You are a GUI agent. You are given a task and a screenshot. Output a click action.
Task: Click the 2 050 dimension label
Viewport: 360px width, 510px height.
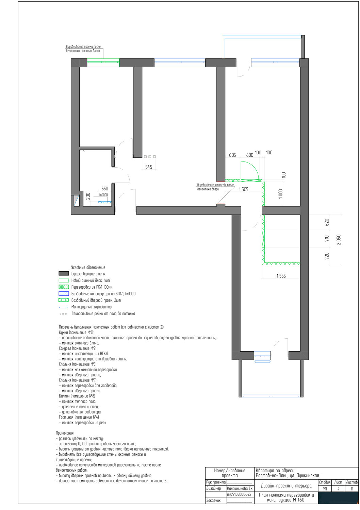tap(339, 240)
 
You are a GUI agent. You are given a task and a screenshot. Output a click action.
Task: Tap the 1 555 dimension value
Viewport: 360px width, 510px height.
tap(281, 276)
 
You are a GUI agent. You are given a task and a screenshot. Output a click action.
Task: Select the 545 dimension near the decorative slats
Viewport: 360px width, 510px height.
tap(149, 167)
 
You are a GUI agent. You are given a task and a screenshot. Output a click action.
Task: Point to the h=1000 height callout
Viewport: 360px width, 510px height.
tap(103, 195)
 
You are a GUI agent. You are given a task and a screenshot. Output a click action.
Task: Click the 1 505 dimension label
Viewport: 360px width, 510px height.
tap(243, 189)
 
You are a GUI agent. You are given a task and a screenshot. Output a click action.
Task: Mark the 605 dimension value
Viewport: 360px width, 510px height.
tap(232, 155)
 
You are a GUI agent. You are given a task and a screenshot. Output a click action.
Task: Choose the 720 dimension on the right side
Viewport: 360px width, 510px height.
tap(327, 256)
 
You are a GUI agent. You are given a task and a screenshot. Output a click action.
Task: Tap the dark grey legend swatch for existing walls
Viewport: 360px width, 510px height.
tap(64, 274)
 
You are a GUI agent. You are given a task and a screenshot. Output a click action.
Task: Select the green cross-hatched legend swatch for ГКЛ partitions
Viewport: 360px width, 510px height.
tap(64, 287)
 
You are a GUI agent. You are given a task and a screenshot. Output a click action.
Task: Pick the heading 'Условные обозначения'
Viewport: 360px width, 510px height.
tap(88, 267)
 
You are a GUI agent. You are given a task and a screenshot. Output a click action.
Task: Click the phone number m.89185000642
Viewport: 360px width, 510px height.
tap(239, 494)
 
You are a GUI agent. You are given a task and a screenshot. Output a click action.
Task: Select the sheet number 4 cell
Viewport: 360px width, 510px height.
tap(338, 489)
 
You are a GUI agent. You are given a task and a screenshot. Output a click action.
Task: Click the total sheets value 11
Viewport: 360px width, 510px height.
tap(352, 489)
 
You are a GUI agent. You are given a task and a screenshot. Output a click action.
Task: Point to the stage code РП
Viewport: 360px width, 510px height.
tap(325, 489)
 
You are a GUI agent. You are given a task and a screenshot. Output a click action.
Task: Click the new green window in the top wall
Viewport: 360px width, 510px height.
tap(103, 63)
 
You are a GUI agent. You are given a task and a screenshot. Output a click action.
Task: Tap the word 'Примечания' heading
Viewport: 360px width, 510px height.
tap(65, 433)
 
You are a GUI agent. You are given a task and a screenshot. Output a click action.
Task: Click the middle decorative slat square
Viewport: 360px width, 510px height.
tap(150, 157)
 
